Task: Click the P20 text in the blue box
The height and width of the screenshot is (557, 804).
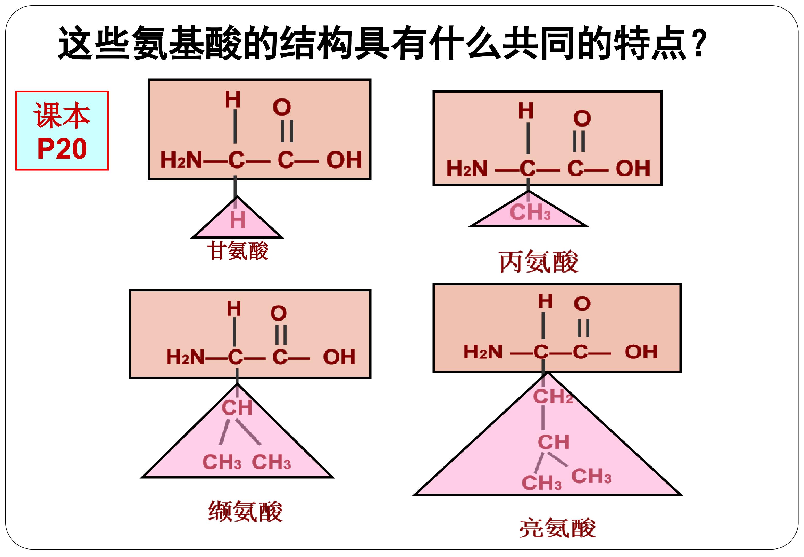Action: click(x=62, y=149)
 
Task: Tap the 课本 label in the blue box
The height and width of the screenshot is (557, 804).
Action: click(x=62, y=116)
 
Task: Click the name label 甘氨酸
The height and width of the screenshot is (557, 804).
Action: click(x=238, y=251)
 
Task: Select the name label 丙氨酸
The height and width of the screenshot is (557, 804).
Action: click(x=539, y=262)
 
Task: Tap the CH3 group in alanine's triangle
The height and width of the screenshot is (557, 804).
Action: click(x=530, y=212)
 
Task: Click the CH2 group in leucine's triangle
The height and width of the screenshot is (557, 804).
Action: click(x=553, y=396)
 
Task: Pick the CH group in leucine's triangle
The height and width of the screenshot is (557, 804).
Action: click(x=554, y=442)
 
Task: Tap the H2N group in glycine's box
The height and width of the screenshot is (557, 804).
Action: click(x=181, y=160)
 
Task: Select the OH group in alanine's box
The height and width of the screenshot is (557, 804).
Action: click(x=633, y=168)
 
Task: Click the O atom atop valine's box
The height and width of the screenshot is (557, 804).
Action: click(x=279, y=313)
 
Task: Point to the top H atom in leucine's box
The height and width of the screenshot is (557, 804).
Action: click(x=546, y=301)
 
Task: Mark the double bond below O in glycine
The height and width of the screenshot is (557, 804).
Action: click(x=287, y=131)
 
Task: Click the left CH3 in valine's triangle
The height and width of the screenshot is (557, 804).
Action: click(x=222, y=462)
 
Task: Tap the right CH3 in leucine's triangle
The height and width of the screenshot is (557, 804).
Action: click(x=591, y=476)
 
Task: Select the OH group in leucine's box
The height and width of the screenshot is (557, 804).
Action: click(x=641, y=352)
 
